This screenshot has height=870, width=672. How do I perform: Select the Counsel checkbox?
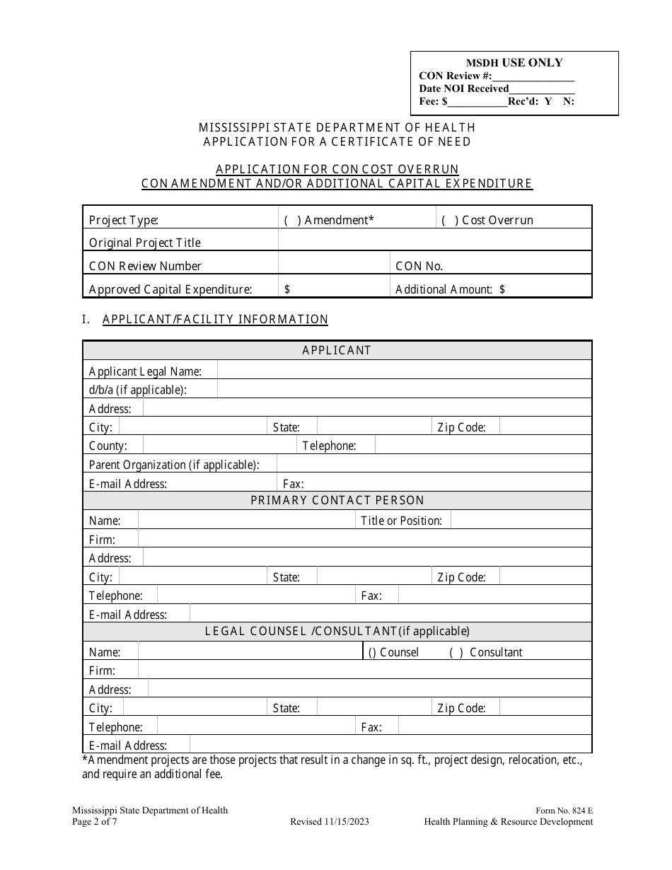372,652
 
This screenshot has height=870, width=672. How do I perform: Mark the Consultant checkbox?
456,652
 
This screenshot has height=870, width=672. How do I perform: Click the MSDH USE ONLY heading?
514,62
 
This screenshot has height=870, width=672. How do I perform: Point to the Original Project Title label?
145,243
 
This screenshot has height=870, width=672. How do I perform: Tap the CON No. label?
419,266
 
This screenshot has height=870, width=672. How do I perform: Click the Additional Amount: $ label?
450,289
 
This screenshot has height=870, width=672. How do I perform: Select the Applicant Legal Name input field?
403,371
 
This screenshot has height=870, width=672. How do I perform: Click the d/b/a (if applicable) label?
138,390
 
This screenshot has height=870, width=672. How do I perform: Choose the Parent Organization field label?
174,465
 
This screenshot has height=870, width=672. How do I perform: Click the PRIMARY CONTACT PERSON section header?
337,501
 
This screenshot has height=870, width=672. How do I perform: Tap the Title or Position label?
401,521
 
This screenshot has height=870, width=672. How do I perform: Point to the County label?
108,446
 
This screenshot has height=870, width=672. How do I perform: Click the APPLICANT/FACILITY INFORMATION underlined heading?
215,319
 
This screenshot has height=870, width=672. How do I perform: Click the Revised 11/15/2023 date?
329,822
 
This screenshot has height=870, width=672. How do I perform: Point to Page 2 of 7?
95,822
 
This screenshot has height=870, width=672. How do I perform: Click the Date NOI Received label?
464,88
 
